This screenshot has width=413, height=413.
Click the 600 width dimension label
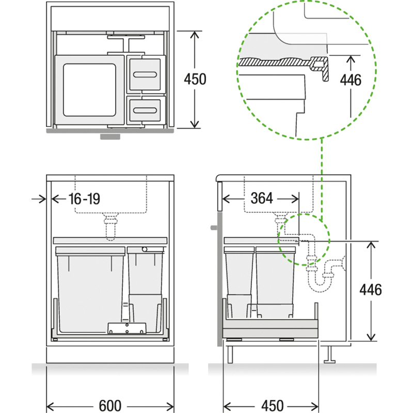[110, 406]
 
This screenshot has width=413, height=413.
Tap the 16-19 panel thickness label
[84, 199]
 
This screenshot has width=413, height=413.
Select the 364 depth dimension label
[262, 198]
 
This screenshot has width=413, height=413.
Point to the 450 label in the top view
[195, 79]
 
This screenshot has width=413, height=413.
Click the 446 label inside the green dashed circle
[351, 80]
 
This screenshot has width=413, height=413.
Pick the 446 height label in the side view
[371, 290]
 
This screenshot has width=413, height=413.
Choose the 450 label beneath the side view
[273, 406]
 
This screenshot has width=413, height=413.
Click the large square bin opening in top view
[89, 90]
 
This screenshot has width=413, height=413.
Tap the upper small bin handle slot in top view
[145, 75]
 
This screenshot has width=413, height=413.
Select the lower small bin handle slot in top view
[145, 110]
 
